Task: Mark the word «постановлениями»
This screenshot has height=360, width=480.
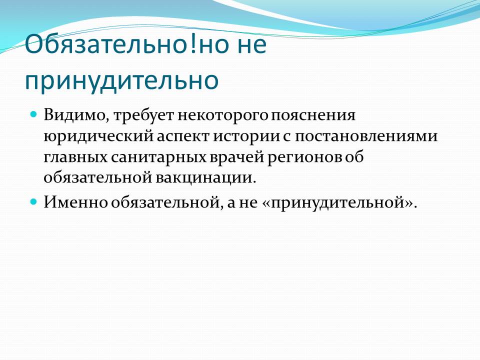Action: (x=366, y=136)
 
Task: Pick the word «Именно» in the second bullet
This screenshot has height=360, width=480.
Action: (x=75, y=202)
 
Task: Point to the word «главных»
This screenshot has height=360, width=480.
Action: (x=75, y=157)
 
